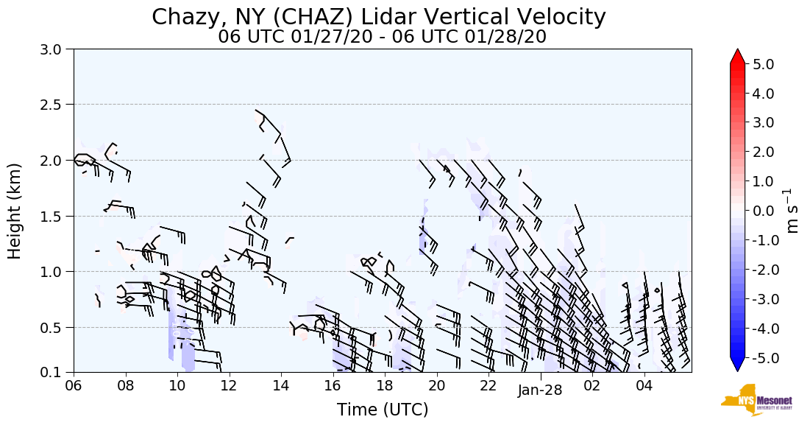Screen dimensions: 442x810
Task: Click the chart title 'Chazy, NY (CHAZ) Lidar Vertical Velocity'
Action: (x=379, y=17)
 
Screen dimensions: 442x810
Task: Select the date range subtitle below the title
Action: (x=382, y=37)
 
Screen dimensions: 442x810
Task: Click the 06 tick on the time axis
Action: (x=73, y=385)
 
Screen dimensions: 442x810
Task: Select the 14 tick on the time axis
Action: (x=281, y=385)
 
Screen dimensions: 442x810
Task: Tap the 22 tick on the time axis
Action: (x=489, y=385)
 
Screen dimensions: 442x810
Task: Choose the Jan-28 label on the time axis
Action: (x=539, y=391)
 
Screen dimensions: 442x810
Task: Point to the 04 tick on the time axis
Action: (x=644, y=385)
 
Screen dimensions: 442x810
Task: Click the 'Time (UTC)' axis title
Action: (x=382, y=410)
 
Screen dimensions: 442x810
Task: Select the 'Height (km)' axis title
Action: (x=15, y=211)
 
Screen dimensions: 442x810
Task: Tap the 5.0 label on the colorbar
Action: (x=768, y=64)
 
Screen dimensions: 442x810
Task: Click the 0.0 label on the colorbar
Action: (x=768, y=211)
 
